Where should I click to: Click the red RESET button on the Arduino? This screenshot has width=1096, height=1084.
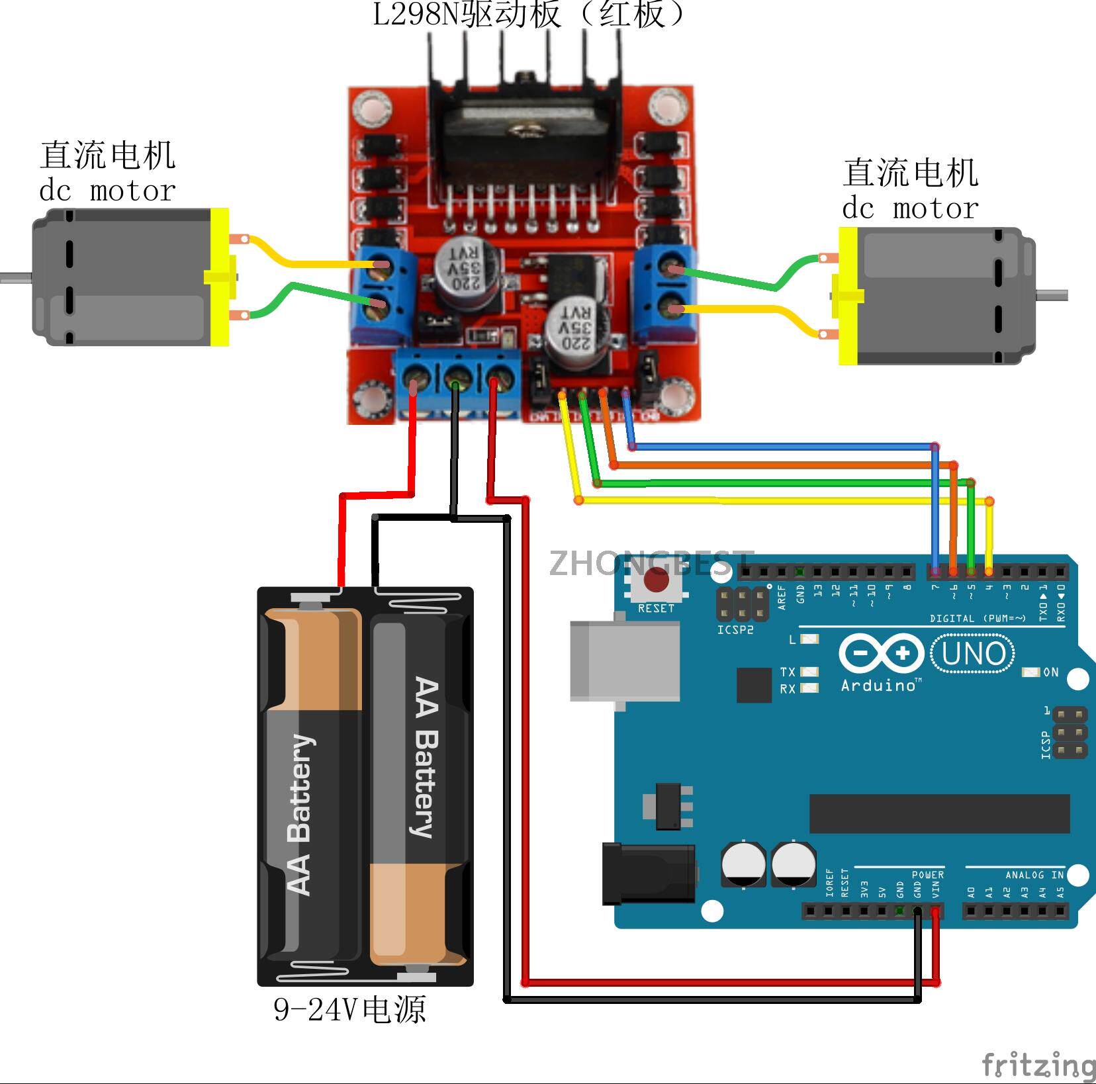(656, 580)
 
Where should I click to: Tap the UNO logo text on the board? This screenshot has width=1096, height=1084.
(973, 654)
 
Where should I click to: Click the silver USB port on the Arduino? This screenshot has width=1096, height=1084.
(625, 660)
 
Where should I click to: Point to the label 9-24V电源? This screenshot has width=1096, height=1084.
(349, 1010)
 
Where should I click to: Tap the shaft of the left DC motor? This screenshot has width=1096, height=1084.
(15, 277)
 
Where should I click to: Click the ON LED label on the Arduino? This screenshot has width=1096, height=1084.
(1050, 672)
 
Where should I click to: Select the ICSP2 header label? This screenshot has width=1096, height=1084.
(735, 630)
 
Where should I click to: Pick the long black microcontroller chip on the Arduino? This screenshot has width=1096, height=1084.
(939, 813)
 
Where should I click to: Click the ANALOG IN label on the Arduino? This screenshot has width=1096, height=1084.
(1034, 875)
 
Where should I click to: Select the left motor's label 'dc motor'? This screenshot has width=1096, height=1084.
(107, 191)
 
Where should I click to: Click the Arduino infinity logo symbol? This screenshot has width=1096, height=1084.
(881, 654)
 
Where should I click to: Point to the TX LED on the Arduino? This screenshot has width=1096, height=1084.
(809, 672)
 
